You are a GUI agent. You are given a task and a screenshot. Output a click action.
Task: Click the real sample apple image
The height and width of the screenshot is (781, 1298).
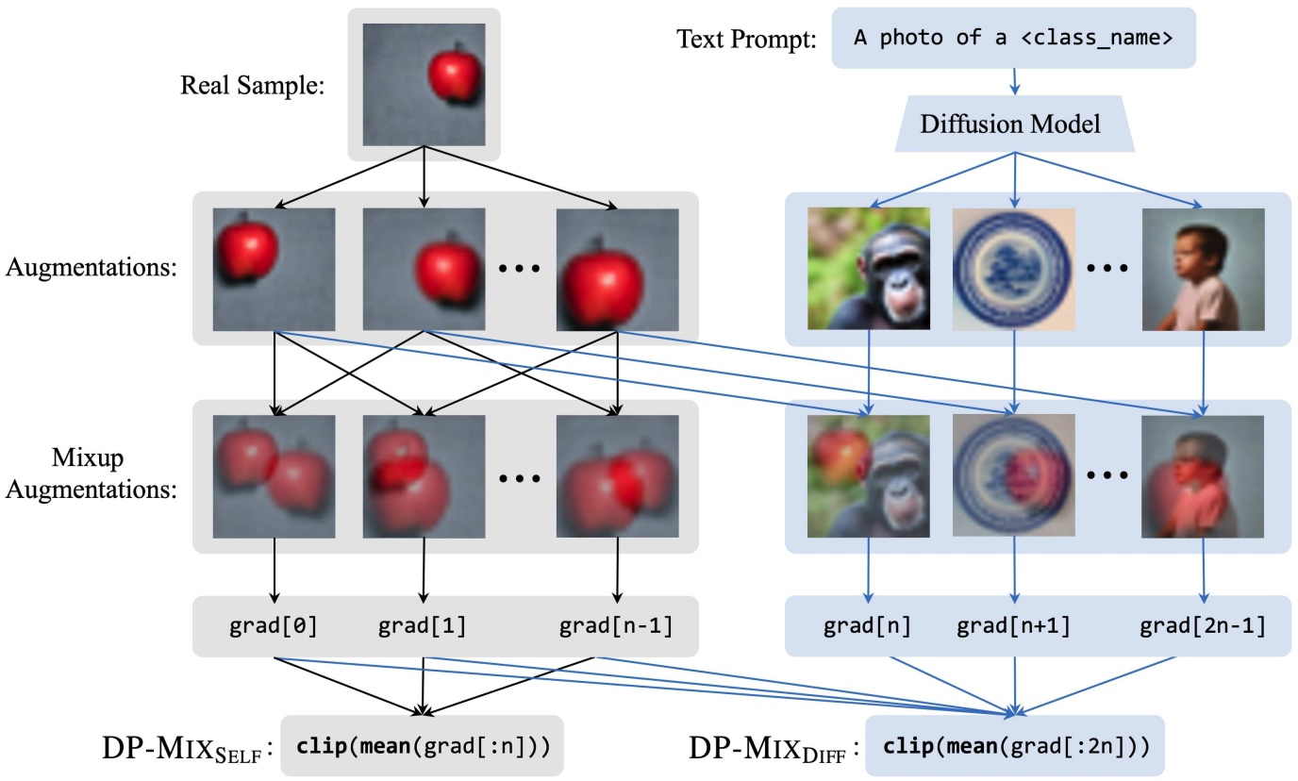pyautogui.click(x=424, y=85)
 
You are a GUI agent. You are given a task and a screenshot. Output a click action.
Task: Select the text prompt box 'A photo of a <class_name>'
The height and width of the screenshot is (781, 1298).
pyautogui.click(x=1013, y=39)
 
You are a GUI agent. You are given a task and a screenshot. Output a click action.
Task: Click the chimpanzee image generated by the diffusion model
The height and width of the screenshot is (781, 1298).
pyautogui.click(x=869, y=269)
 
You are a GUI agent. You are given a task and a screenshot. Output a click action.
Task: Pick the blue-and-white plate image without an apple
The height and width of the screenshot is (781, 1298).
pyautogui.click(x=1014, y=269)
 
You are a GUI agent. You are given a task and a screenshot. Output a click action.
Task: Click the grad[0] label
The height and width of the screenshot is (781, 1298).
pyautogui.click(x=275, y=626)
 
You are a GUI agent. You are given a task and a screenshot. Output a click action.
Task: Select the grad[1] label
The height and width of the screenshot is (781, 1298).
pyautogui.click(x=423, y=626)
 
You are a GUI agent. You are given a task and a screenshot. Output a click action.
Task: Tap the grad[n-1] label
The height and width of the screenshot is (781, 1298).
pyautogui.click(x=616, y=626)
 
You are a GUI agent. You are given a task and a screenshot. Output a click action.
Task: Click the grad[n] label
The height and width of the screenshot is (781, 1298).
pyautogui.click(x=867, y=626)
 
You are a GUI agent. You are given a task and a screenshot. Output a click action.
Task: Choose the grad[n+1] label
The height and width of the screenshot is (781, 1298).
pyautogui.click(x=1014, y=626)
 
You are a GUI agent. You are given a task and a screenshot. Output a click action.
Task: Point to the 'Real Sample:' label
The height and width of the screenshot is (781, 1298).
pyautogui.click(x=252, y=87)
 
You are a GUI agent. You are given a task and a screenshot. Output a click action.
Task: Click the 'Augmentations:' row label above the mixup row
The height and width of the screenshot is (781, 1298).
pyautogui.click(x=92, y=267)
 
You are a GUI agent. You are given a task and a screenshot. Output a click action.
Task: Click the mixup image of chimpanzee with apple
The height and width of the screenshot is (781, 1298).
pyautogui.click(x=869, y=476)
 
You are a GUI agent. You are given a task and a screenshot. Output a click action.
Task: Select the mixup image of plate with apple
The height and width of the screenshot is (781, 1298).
pyautogui.click(x=1014, y=476)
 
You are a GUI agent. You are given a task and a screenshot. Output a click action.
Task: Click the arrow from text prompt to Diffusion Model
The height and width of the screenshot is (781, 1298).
pyautogui.click(x=1014, y=81)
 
